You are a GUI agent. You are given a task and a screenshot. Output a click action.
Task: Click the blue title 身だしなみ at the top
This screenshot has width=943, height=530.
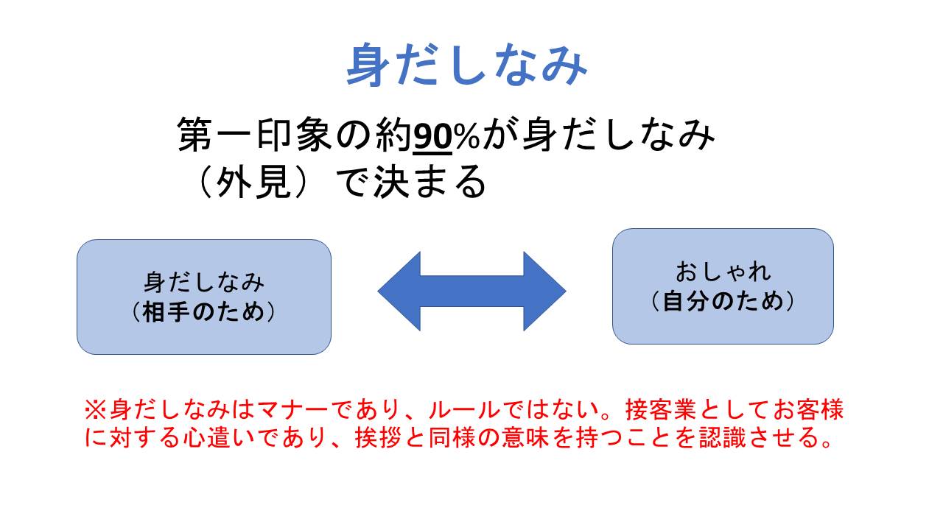coord(467,65)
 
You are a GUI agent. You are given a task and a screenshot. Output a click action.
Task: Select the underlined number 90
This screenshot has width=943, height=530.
coord(432,135)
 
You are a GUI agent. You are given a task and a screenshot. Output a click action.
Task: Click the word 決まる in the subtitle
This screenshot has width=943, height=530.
coord(430,181)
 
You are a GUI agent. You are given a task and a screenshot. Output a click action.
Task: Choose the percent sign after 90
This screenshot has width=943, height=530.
coord(466,135)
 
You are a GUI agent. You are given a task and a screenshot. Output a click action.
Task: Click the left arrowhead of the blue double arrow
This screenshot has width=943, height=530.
coord(399,291)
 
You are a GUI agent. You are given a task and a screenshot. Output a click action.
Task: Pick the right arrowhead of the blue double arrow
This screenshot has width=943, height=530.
coord(544,291)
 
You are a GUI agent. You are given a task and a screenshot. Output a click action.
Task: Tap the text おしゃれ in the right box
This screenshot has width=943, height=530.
coord(723,272)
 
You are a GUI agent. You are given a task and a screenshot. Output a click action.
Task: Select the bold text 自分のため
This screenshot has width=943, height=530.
coord(723,301)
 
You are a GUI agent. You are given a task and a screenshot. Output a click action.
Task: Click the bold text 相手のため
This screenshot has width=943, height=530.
coord(204,312)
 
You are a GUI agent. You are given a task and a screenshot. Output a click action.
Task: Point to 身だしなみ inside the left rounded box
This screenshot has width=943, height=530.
coord(204,283)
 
